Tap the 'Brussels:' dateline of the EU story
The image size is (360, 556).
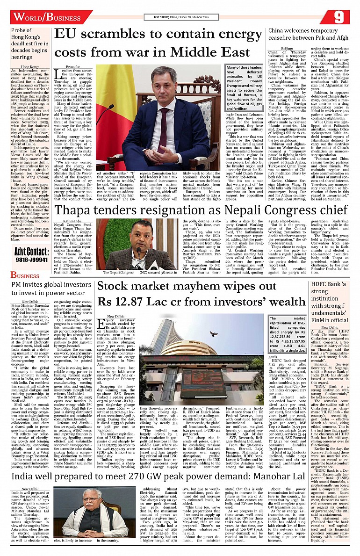(x=72, y=67)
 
